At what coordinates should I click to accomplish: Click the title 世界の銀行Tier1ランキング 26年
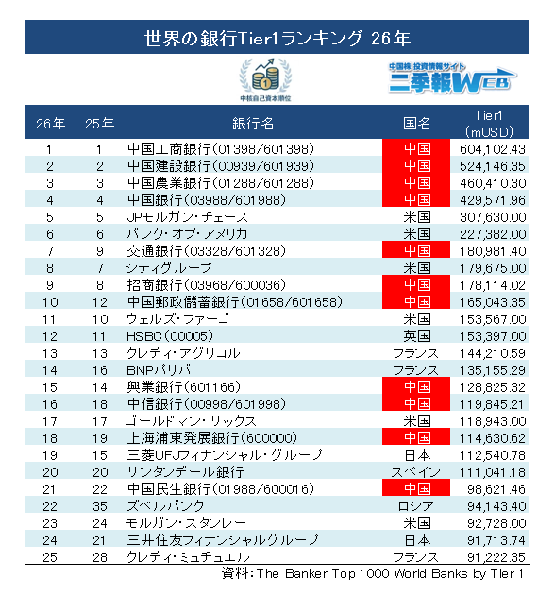277,39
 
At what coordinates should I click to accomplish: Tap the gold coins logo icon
265,79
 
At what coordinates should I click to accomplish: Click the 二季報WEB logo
452,78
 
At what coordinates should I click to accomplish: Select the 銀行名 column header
253,124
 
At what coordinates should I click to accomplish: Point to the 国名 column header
416,124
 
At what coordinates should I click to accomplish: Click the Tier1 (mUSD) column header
489,124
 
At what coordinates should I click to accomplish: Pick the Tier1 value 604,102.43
493,149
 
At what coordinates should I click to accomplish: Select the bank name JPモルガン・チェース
187,217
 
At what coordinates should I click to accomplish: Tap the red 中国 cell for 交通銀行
416,250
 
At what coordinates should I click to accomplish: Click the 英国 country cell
417,336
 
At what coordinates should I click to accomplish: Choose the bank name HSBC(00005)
170,336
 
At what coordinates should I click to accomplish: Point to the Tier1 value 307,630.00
493,217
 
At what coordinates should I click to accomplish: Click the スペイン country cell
415,472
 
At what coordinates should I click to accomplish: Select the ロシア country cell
415,506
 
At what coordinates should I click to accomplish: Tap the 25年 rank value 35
100,506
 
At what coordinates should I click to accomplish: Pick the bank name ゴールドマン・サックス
192,421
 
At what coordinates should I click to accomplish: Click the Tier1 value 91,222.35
496,557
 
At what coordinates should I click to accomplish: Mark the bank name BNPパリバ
159,369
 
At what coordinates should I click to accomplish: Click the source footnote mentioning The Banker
373,573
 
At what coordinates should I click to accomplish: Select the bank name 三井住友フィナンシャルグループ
223,540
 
